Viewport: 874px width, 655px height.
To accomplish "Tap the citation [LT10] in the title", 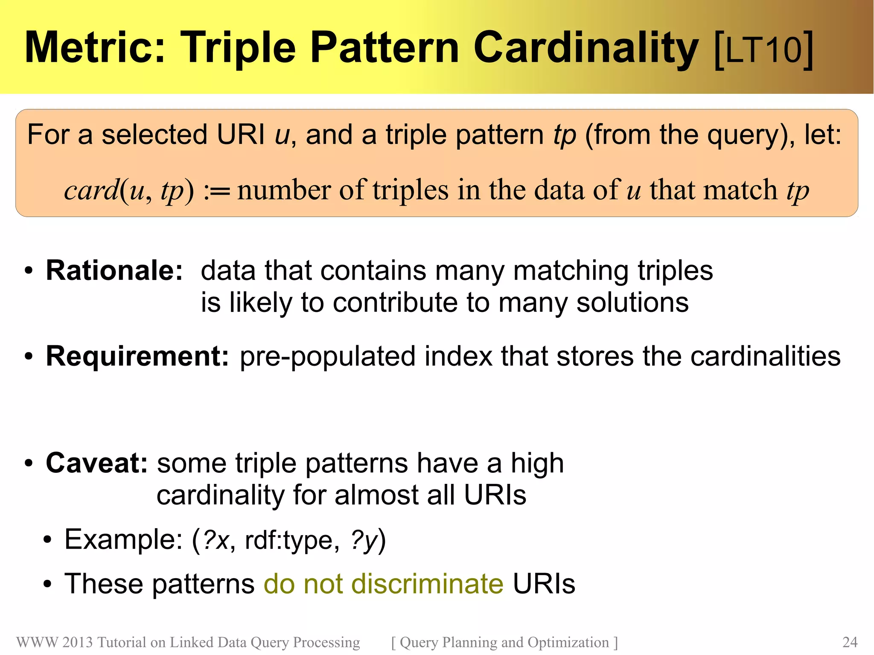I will point(763,49).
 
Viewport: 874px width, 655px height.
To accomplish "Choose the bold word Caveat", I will point(97,463).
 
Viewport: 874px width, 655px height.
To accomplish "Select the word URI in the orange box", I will point(241,134).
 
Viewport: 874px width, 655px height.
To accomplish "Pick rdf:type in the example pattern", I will point(289,540).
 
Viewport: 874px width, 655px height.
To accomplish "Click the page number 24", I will point(850,642).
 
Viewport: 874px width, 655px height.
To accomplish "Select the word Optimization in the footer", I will point(568,642).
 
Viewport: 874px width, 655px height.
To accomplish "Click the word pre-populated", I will point(327,356).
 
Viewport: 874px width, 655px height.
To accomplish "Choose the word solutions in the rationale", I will point(632,303).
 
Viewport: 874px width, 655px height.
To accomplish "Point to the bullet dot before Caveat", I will point(29,464).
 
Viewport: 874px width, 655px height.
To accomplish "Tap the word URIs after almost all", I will point(495,495).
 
